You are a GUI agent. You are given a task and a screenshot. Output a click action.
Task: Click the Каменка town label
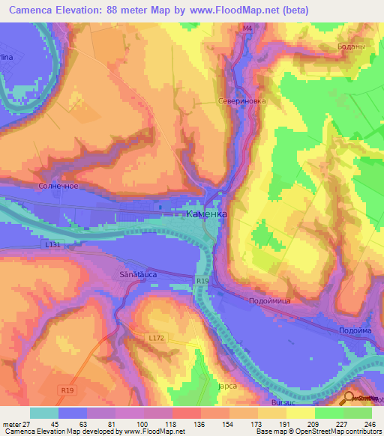point(205,214)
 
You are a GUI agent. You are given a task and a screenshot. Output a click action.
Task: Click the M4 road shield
point(247,28)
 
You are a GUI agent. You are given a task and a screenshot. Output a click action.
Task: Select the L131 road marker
point(52,244)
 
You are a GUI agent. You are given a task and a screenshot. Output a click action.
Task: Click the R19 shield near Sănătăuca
point(201,281)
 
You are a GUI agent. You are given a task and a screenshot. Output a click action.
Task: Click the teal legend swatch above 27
point(43,413)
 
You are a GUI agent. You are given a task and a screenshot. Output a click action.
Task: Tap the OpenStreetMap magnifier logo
point(348,399)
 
